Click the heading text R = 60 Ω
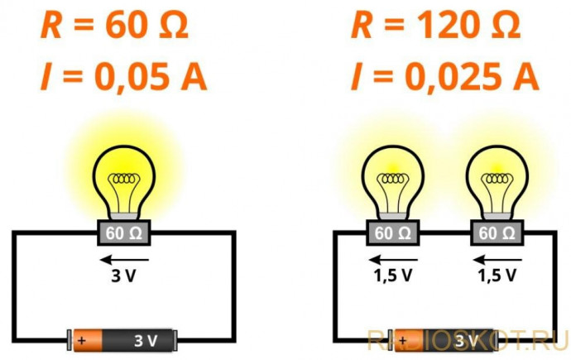[x=114, y=26]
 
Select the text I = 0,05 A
[x=123, y=77]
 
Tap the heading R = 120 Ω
[x=435, y=26]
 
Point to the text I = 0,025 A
[x=444, y=77]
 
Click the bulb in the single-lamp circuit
[x=124, y=182]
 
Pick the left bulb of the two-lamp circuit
[x=392, y=182]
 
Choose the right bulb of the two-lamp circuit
[x=497, y=182]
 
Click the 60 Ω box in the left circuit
[x=124, y=233]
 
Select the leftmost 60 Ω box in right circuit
[x=392, y=233]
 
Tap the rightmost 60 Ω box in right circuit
[x=497, y=233]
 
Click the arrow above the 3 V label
[x=124, y=260]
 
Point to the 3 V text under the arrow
[x=124, y=276]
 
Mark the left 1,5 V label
[x=392, y=276]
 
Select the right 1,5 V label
[x=497, y=276]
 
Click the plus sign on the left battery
[x=82, y=340]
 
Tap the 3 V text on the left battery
[x=146, y=341]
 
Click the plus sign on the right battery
[x=403, y=340]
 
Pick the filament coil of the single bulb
[x=124, y=179]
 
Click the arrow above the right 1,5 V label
[x=497, y=260]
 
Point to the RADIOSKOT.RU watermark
[x=468, y=340]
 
